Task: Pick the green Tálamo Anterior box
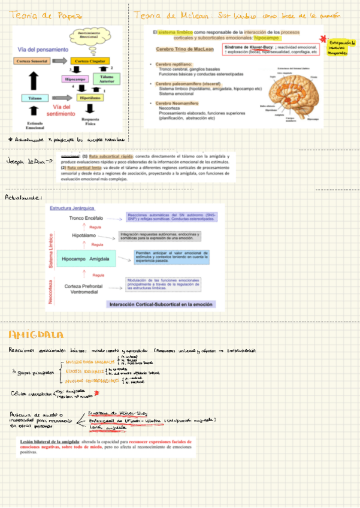tap(107, 78)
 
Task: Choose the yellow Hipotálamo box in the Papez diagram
tap(90, 97)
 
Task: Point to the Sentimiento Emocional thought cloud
tap(89, 35)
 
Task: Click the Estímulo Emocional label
tap(35, 125)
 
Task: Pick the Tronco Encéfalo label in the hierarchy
tap(86, 218)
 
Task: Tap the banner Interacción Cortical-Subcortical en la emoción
tap(161, 304)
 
